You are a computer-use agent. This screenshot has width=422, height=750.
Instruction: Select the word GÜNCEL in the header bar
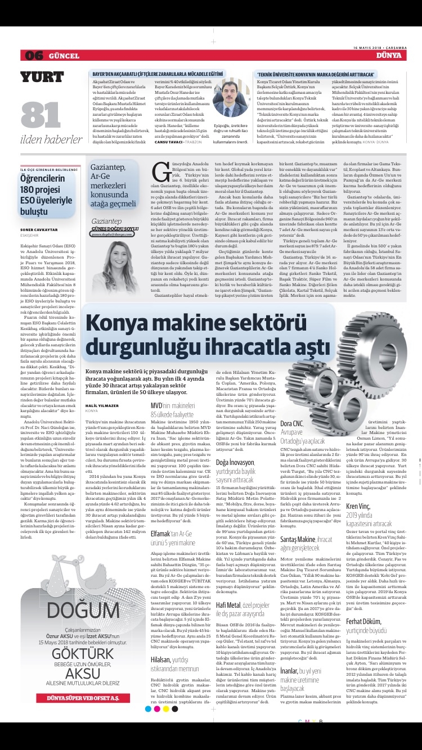click(x=63, y=56)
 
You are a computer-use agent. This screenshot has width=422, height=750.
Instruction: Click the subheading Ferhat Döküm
click(x=363, y=621)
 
